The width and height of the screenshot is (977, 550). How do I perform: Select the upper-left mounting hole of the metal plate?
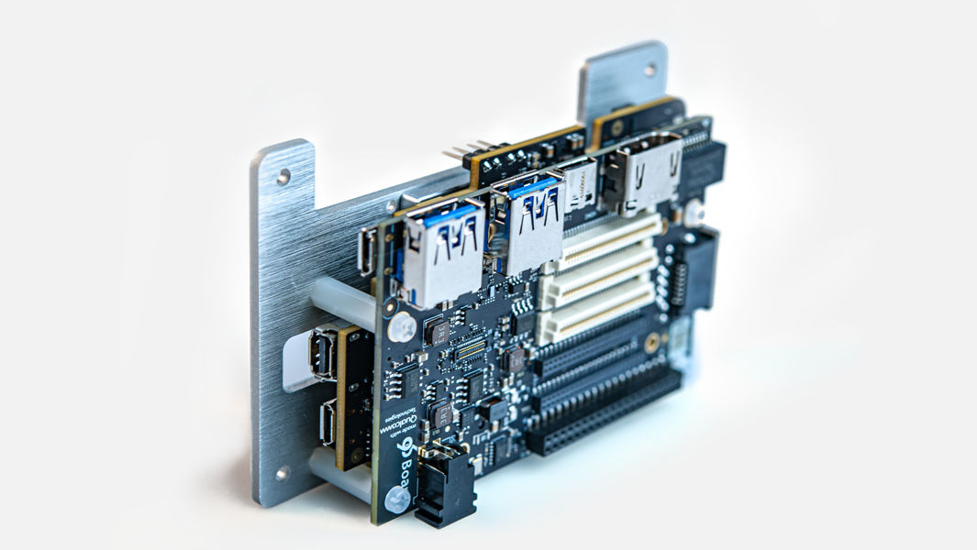(283, 176)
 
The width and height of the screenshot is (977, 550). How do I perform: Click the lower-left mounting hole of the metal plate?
(282, 473)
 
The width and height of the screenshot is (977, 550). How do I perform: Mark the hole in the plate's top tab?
(649, 69)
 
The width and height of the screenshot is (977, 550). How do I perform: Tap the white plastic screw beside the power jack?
(396, 499)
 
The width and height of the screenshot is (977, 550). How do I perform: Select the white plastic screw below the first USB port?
(402, 325)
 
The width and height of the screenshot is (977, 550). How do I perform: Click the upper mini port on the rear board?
(323, 354)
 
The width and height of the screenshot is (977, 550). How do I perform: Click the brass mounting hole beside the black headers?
(652, 343)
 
